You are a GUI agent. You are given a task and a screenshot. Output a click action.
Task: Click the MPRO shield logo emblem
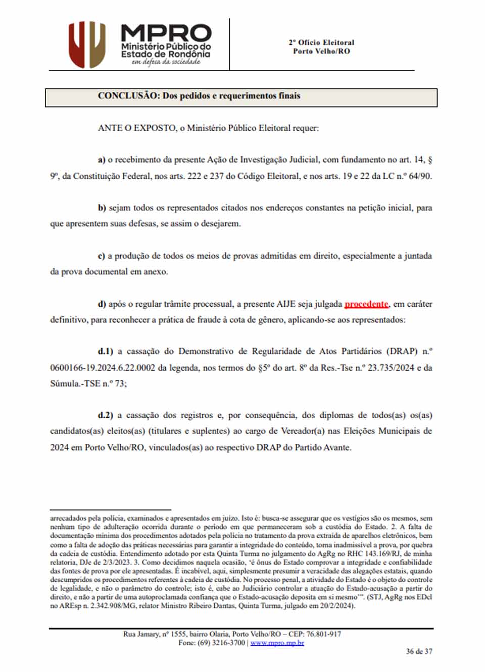[x=87, y=44]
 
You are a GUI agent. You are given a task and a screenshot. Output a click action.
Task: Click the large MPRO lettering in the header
[x=166, y=34]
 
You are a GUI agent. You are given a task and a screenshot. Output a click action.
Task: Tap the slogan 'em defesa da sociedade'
[x=166, y=62]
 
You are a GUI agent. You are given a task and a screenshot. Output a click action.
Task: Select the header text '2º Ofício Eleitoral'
[x=321, y=42]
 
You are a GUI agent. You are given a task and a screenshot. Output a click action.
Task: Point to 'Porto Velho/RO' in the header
[x=321, y=51]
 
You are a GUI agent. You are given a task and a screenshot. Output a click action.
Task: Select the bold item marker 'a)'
[x=102, y=160]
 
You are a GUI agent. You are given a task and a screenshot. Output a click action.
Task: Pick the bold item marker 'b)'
[x=102, y=208]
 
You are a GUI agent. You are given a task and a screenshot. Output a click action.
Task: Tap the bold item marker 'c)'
[x=102, y=256]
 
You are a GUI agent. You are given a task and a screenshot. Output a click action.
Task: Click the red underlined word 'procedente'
[x=367, y=304]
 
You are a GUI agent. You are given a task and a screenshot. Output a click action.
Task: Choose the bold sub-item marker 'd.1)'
[x=106, y=351]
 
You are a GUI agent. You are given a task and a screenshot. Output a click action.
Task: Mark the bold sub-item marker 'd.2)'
[x=106, y=415]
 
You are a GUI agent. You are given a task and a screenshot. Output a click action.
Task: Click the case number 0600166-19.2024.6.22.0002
[x=103, y=368]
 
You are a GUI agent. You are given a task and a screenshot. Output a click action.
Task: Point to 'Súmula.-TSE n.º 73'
[x=87, y=383]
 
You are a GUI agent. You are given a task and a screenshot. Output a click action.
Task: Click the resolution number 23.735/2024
[x=391, y=368]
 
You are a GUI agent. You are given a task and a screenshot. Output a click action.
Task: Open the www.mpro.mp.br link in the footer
[x=277, y=643]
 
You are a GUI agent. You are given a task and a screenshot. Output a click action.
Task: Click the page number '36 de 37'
[x=419, y=651]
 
